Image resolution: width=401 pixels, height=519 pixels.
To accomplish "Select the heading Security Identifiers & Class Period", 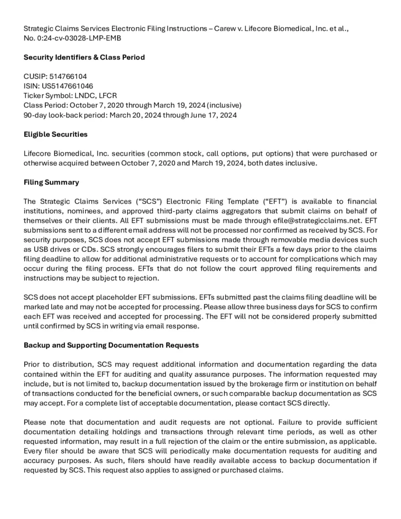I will [84, 57].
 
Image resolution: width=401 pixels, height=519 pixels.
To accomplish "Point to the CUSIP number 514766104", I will [68, 76].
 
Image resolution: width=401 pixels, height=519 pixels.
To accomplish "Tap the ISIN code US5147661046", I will [64, 86].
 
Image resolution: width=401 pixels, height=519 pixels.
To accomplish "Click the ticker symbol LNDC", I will [82, 95].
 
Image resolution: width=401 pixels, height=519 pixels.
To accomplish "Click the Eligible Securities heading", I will [56, 134].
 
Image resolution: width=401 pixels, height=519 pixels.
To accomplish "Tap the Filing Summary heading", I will [51, 182].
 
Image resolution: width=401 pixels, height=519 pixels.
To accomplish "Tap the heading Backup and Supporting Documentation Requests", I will [111, 345].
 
